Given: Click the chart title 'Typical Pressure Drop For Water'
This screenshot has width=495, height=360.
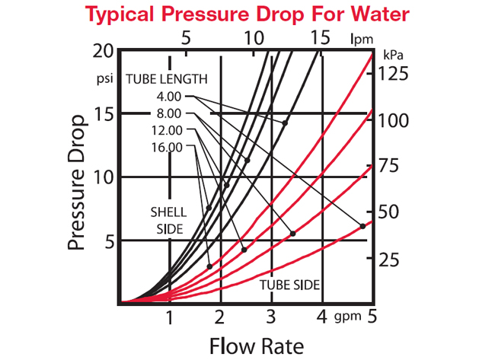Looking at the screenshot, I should point(247,14).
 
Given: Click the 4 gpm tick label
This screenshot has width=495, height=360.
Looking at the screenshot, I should point(322,316).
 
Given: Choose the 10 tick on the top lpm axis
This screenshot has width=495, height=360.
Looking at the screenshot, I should point(254,37).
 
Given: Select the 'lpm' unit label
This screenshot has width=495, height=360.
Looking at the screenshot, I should point(360,37).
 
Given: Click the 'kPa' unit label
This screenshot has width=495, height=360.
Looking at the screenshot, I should point(393,56).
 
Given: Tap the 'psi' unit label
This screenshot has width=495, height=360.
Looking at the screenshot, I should point(104,78).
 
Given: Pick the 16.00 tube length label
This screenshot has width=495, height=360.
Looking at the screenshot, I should point(167,147).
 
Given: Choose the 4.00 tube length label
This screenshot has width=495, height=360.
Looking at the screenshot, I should point(167,97).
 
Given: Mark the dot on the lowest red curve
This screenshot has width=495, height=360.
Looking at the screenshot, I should point(362,226).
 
